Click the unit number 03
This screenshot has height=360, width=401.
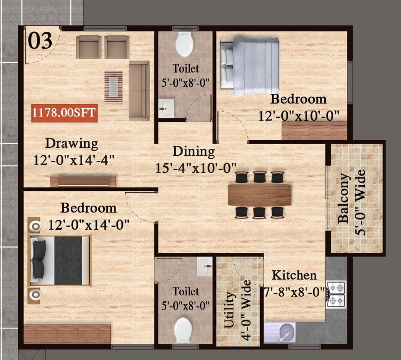tap(40, 41)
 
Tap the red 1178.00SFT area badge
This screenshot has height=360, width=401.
tap(65, 113)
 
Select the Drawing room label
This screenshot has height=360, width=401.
tap(72, 144)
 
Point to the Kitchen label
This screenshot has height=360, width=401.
tap(294, 275)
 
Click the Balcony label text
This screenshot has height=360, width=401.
tap(343, 199)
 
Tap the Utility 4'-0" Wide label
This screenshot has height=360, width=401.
tap(237, 310)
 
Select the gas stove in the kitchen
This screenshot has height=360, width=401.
tap(336, 294)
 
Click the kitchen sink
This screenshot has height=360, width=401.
tap(280, 332)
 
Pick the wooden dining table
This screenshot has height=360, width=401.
tap(260, 195)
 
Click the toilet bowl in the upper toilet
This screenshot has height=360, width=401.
tap(184, 44)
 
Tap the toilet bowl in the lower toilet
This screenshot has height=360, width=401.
tap(183, 330)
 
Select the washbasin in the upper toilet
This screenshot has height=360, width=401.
tap(166, 109)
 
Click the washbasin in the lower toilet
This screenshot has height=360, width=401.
tap(204, 267)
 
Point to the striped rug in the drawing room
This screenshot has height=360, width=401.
tap(113, 87)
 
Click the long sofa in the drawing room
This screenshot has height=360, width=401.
tap(140, 91)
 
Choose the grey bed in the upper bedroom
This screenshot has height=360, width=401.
tap(249, 65)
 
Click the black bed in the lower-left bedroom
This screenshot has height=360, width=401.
tap(60, 260)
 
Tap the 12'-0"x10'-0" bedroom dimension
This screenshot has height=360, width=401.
tap(298, 116)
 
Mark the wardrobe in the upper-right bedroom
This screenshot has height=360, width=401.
tap(314, 130)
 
